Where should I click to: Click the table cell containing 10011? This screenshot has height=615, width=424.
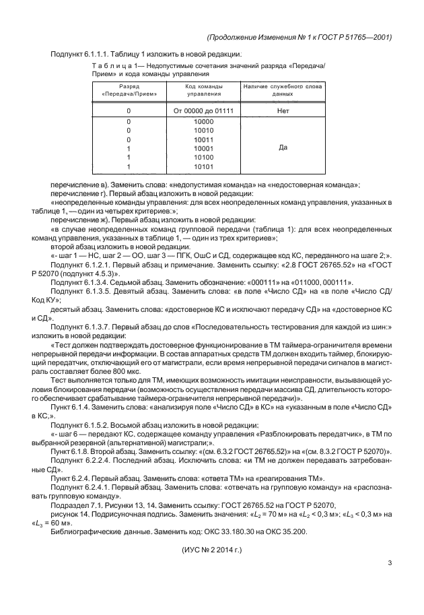pos(203,141)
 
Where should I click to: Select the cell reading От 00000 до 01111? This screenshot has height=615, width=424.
pos(203,109)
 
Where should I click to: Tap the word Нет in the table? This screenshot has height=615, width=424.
pos(282,109)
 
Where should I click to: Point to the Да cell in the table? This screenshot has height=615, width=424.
pos(282,145)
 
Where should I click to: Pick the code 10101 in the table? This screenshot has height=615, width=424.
pos(203,166)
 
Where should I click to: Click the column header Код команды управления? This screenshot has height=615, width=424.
pos(203,91)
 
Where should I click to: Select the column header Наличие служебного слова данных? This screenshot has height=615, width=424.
pos(282,91)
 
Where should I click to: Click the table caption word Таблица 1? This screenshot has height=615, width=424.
pos(110,66)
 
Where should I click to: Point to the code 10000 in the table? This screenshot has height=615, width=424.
pos(203,122)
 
